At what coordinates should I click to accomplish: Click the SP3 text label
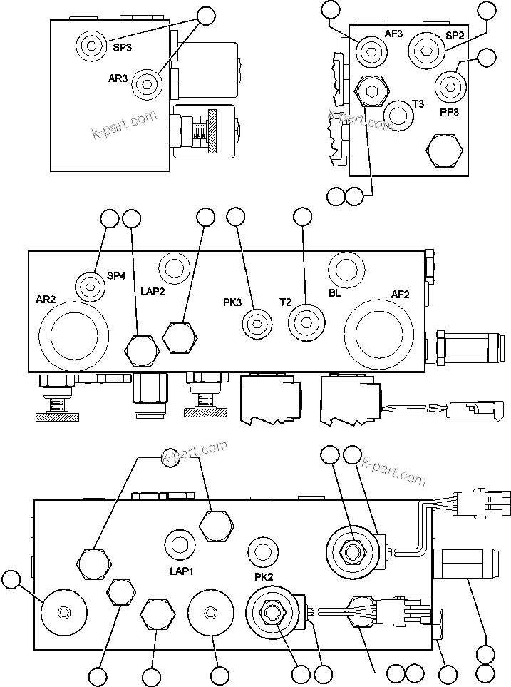123,48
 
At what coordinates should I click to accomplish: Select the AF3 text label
394,34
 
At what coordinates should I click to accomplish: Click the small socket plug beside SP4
90,286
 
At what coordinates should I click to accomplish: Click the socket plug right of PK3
256,323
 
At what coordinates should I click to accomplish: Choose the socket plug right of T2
305,322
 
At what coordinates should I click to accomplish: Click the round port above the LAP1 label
180,546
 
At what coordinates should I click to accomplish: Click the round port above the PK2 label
262,551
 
